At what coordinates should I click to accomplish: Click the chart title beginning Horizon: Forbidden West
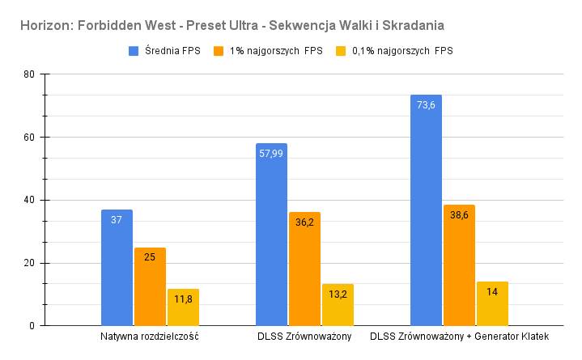click(x=232, y=26)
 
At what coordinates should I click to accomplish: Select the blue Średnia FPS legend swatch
click(x=134, y=51)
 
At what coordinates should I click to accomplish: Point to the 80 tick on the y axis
click(x=29, y=74)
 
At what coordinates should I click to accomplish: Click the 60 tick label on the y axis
click(x=29, y=138)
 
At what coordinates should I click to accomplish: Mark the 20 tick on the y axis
click(x=29, y=263)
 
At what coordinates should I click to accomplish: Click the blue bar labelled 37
click(x=117, y=268)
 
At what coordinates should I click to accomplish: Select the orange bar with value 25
click(x=150, y=286)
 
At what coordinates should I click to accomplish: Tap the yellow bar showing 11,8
click(x=183, y=307)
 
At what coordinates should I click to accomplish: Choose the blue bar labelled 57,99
click(x=271, y=235)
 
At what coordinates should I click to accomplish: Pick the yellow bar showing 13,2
click(x=338, y=305)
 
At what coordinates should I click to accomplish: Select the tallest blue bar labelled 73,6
click(x=426, y=210)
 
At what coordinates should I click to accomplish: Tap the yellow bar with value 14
click(x=492, y=304)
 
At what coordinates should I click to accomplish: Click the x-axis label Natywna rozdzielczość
click(x=150, y=336)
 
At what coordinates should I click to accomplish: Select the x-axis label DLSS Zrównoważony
click(x=304, y=336)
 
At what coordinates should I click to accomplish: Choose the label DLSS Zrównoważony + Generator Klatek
click(x=459, y=336)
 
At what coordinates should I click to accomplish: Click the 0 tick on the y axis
click(x=32, y=326)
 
